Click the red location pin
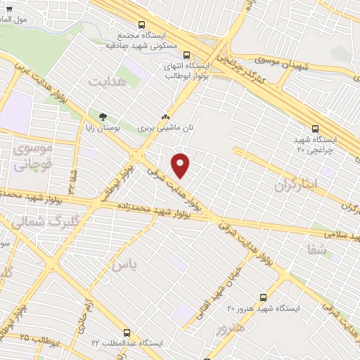[181, 165]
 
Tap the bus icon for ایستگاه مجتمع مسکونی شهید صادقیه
[143, 23]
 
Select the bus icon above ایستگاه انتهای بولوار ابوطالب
[186, 54]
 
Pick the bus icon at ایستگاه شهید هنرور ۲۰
[263, 297]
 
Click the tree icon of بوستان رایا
[103, 117]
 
